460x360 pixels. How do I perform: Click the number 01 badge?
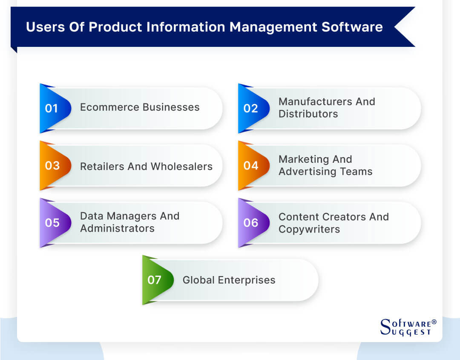[x=52, y=108]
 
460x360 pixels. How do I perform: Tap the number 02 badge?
[x=250, y=108]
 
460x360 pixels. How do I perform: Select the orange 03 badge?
[x=52, y=165]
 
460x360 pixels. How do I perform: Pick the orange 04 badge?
[x=250, y=165]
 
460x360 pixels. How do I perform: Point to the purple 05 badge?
[x=52, y=222]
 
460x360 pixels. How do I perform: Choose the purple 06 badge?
[x=250, y=222]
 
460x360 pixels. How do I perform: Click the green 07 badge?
[x=154, y=280]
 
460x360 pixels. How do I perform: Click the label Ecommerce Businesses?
[x=140, y=107]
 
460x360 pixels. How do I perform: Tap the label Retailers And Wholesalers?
[x=146, y=166]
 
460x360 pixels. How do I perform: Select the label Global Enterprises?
[x=229, y=280]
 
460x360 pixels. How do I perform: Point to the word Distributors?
[x=308, y=114]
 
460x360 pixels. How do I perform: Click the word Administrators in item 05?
[x=117, y=228]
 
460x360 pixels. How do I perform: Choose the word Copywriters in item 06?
[x=309, y=229]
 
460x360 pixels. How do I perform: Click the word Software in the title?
[x=352, y=27]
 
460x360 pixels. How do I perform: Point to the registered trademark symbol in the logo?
[x=434, y=322]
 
